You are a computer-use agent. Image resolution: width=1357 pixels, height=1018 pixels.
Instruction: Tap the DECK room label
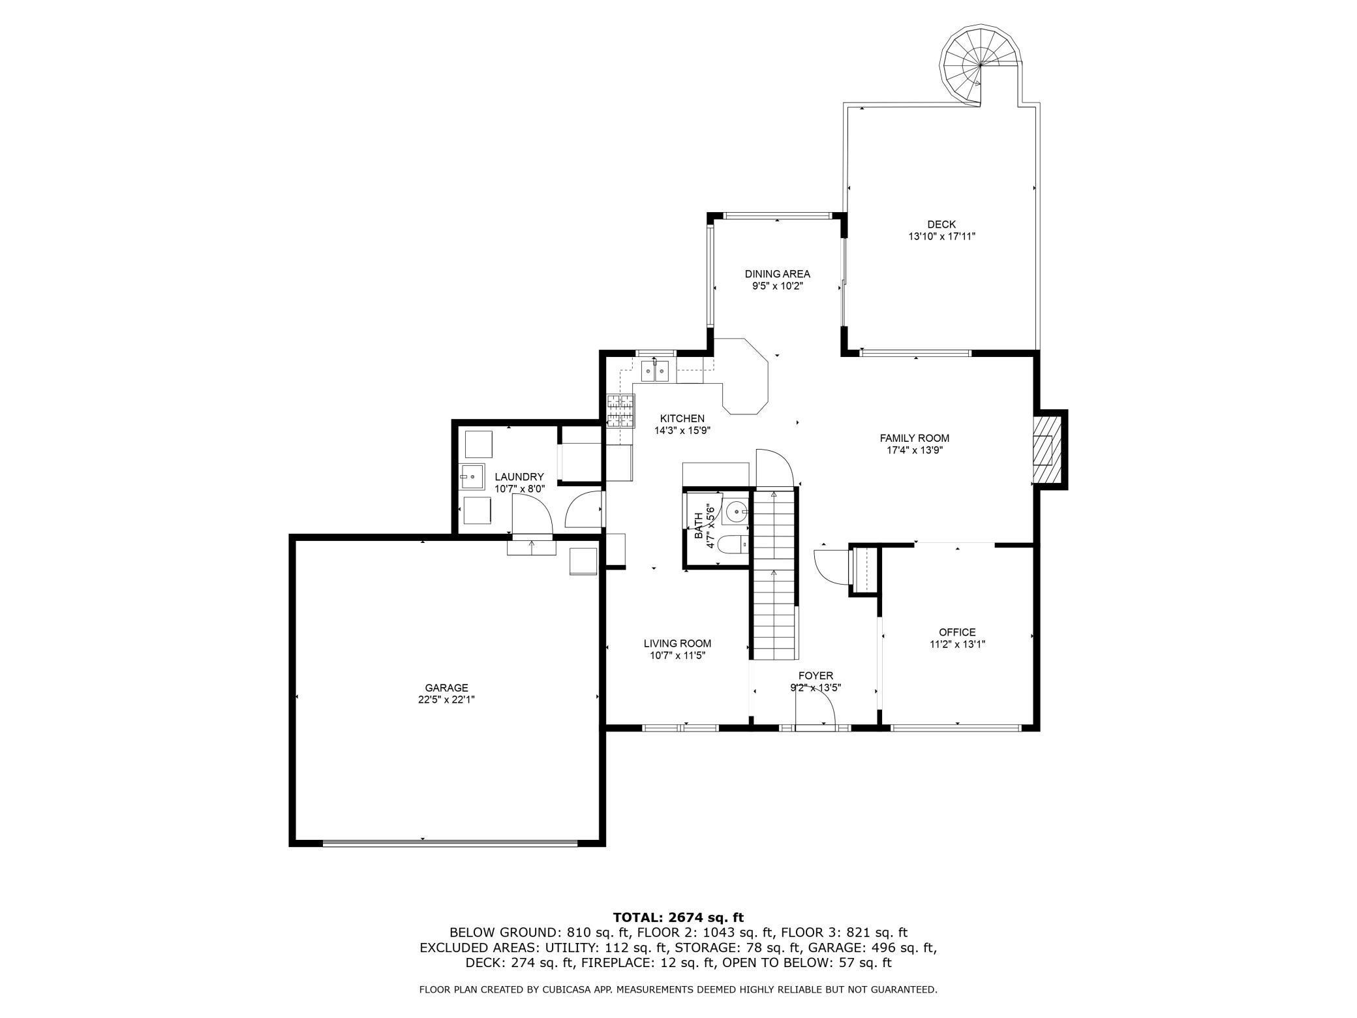(941, 224)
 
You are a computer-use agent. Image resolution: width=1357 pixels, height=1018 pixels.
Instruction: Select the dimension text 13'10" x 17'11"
(941, 237)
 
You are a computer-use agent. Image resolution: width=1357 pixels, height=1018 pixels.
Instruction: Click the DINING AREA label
(777, 274)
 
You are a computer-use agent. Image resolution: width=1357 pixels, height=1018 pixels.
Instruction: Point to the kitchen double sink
(655, 371)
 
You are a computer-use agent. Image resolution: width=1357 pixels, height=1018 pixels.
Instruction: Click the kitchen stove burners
(620, 411)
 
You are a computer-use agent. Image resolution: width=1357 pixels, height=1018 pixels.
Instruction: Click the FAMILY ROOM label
(914, 439)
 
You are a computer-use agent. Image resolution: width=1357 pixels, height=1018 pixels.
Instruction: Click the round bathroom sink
(738, 512)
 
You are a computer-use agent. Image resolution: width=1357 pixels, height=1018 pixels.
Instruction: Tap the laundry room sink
(471, 477)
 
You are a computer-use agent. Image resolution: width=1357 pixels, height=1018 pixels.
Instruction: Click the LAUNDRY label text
(519, 477)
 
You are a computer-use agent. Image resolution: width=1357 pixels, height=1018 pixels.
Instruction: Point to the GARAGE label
(446, 688)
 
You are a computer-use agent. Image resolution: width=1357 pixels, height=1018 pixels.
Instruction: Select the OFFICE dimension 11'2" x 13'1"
(957, 644)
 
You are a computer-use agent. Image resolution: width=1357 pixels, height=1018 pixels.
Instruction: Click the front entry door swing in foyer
(816, 709)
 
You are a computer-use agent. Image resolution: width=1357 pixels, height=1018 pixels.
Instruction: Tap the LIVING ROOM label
(677, 643)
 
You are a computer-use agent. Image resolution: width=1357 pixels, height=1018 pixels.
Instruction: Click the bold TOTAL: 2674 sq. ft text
(678, 918)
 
